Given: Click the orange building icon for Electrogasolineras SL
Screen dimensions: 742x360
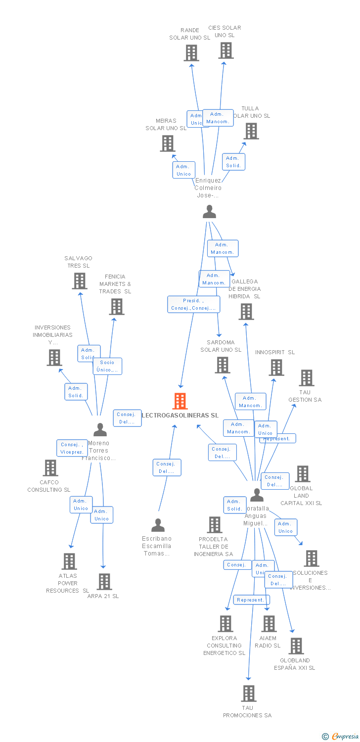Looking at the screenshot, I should (x=180, y=401).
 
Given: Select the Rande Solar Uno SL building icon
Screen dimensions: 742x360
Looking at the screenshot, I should (x=191, y=53).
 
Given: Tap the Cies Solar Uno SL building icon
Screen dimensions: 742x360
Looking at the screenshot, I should (x=226, y=50).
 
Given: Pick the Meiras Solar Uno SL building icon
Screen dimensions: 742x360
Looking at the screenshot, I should (x=168, y=143).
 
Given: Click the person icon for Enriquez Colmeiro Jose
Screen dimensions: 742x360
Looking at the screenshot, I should (x=210, y=212).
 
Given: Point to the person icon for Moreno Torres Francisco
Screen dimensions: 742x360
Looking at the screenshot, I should (x=100, y=429).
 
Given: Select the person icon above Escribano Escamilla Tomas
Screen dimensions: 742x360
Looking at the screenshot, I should (x=158, y=525).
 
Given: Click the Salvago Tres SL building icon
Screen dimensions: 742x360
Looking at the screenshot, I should (x=80, y=281).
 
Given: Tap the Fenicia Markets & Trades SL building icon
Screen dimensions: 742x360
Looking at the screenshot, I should (x=117, y=307).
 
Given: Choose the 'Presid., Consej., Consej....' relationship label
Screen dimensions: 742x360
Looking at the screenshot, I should (x=193, y=304).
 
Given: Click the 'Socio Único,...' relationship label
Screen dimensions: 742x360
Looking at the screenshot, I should (x=107, y=366).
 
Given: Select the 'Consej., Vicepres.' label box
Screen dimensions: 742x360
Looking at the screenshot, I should (x=72, y=448).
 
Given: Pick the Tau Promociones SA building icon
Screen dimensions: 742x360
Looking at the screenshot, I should (x=249, y=694).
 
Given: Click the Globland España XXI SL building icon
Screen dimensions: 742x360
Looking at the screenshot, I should (x=296, y=646).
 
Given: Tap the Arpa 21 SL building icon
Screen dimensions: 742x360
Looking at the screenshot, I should (x=104, y=582).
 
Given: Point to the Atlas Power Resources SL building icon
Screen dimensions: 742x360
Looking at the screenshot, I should (x=69, y=561).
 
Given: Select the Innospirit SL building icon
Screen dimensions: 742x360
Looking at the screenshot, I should (x=276, y=368).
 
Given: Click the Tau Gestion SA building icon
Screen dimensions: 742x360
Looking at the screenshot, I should (x=307, y=378).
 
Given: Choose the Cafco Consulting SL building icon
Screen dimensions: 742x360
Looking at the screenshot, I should (x=50, y=468).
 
